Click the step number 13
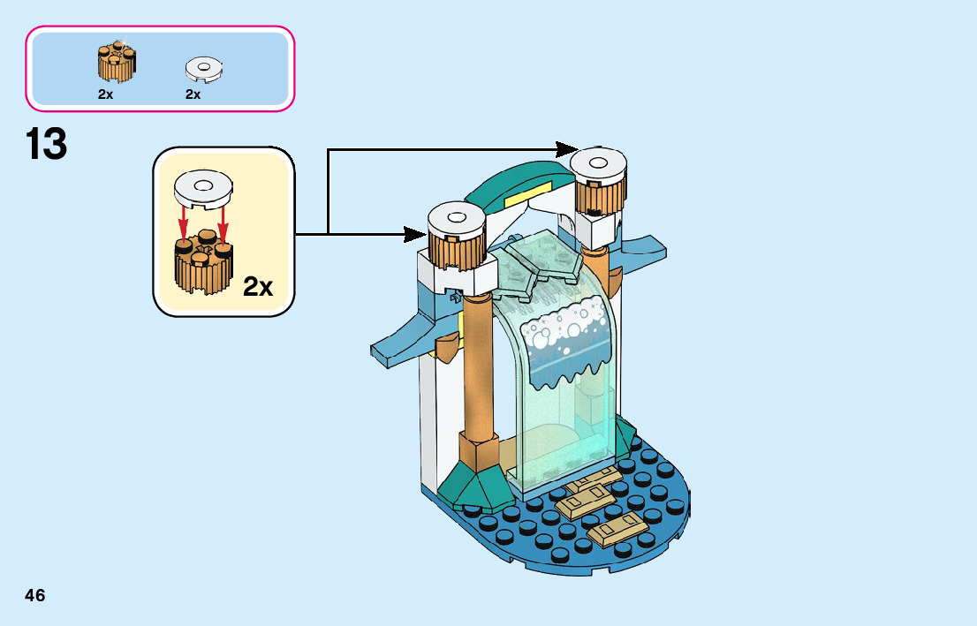tap(47, 145)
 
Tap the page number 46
tap(35, 595)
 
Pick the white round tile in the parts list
tap(204, 68)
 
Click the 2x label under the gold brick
tap(105, 94)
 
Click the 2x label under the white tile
tap(193, 94)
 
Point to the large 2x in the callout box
tap(258, 287)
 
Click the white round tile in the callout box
tap(204, 187)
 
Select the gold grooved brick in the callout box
tap(202, 262)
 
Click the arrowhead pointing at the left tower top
tap(414, 234)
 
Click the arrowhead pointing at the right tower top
tap(567, 149)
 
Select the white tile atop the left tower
tap(455, 215)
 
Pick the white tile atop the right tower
tap(599, 162)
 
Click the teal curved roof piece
tap(517, 179)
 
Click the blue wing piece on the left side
tap(406, 345)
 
